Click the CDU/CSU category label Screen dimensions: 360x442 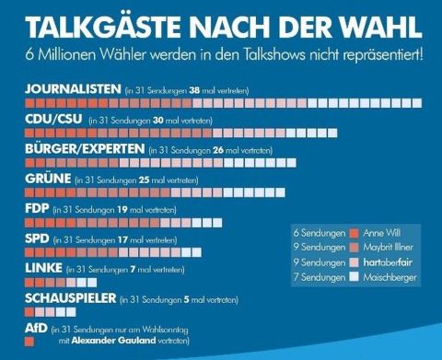52,120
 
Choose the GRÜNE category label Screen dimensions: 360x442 45,179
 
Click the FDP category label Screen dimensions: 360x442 35,209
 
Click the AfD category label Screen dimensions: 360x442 34,328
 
